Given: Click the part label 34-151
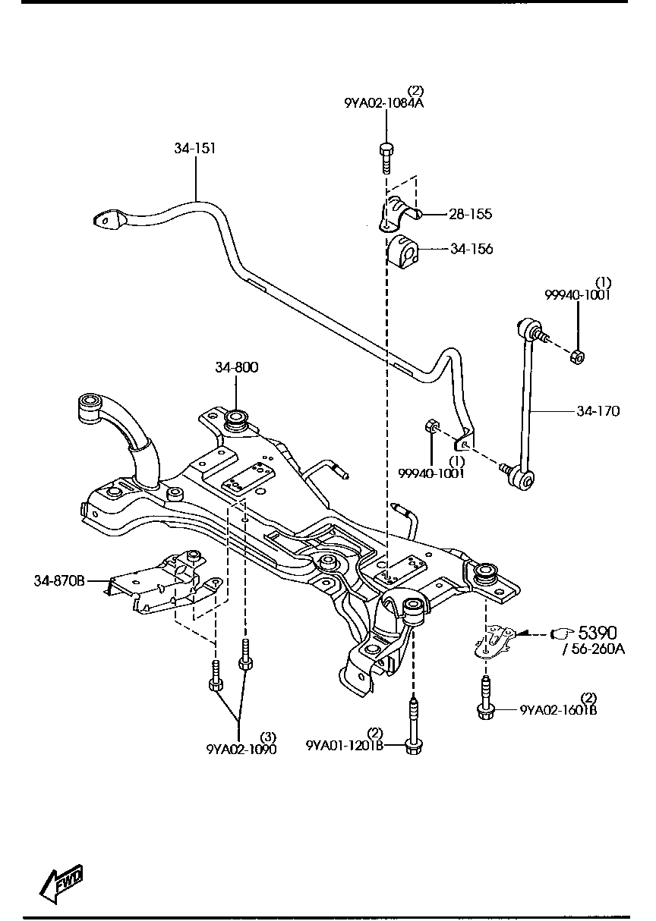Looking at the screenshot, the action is pos(195,149).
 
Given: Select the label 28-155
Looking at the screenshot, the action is pos(470,215).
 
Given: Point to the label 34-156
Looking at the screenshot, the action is pos(471,249).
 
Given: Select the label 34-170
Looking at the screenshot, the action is pos(598,411).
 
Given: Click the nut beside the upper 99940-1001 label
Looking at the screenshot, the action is pos(577,355).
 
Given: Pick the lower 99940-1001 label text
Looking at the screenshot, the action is pos(431,473).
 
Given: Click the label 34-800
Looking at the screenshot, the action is pos(236,367).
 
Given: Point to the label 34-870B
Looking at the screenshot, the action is pos(59,581).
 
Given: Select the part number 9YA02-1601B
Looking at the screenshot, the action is pos(558,711).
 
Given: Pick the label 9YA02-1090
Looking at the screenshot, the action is pos(241,749).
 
